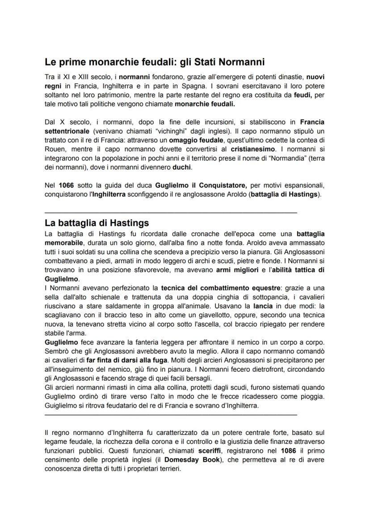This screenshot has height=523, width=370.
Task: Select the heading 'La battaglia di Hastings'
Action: coord(97,223)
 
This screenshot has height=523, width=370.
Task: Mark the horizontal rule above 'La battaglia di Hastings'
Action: coord(171,211)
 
